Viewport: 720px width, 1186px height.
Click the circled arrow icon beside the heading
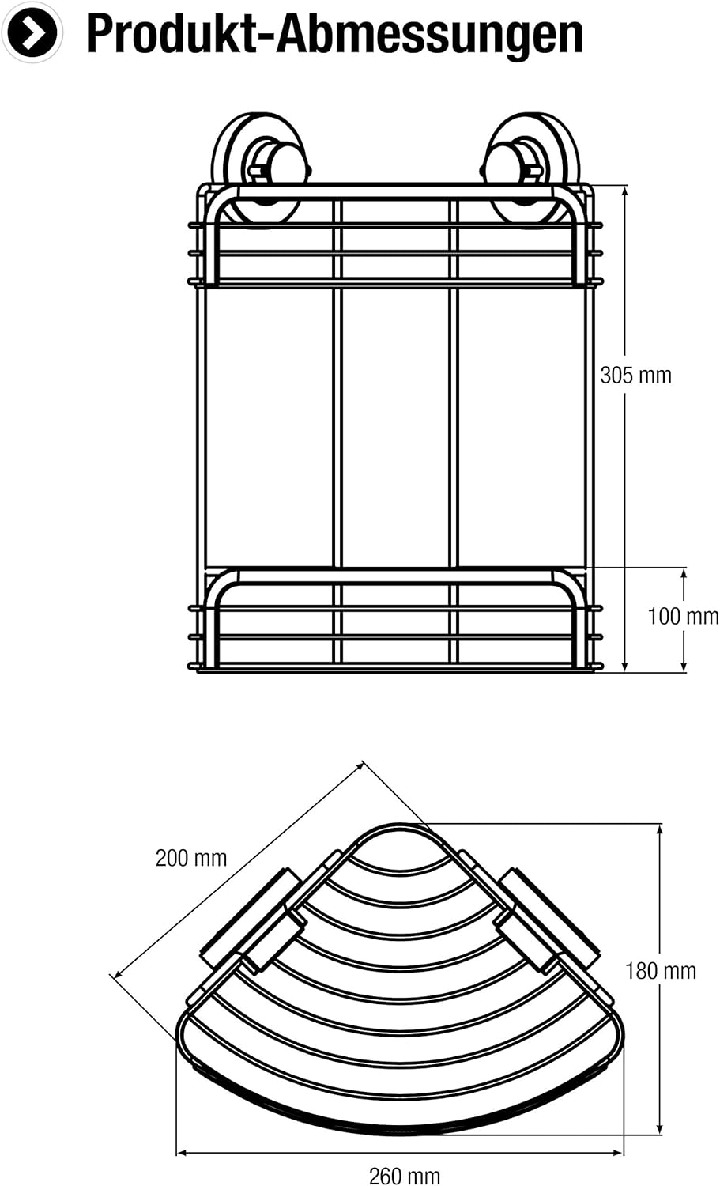coord(32,32)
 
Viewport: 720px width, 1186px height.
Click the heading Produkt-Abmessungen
coord(334,35)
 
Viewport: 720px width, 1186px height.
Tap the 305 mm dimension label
coord(635,376)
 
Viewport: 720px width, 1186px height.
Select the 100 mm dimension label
coord(684,616)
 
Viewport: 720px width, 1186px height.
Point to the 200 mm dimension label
coord(191,858)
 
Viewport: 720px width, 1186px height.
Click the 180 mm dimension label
coord(661,971)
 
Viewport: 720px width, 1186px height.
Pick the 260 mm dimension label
coord(405,1176)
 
